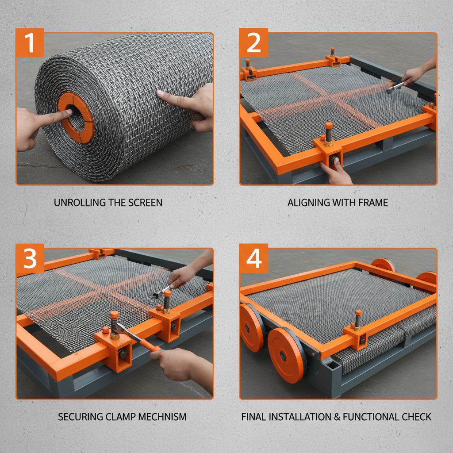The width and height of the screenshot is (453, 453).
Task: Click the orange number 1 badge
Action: [30, 42]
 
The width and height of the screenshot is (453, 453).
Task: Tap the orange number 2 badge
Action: [253, 42]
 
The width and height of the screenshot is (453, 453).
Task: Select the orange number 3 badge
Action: [30, 258]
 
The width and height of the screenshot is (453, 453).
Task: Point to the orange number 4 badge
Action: [253, 258]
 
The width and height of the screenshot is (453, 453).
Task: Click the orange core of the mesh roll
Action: [76, 118]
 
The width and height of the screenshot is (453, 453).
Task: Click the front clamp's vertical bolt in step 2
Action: [329, 133]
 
